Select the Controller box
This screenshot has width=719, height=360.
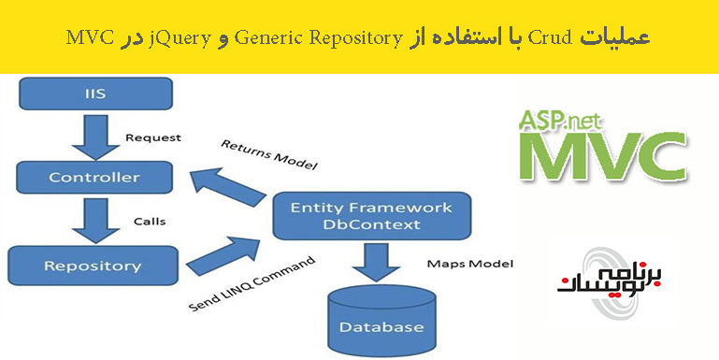click(x=93, y=176)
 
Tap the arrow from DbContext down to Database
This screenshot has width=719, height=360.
click(x=376, y=263)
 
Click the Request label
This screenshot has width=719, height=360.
click(x=153, y=137)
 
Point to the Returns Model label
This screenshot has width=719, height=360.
click(x=268, y=155)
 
